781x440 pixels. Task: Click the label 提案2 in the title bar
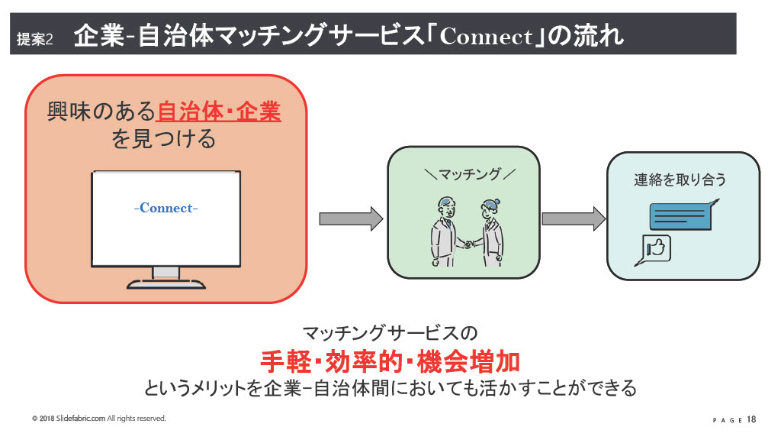pos(34,39)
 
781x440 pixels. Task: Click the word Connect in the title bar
pos(486,37)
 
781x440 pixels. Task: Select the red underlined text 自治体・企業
pos(219,112)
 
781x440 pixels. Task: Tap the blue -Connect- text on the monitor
pos(166,208)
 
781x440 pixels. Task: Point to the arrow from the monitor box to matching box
pos(351,219)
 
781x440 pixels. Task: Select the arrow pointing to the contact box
pos(574,219)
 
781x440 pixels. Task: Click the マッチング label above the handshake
pos(469,174)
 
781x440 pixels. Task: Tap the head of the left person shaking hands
pos(447,208)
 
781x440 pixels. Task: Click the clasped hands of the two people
pos(468,244)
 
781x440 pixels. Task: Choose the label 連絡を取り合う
pos(680,180)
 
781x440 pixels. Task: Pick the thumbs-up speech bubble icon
pos(653,250)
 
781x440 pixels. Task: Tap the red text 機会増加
pos(468,361)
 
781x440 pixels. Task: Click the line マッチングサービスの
pos(390,333)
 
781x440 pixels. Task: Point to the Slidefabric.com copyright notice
pos(99,418)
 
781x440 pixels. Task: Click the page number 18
pos(751,419)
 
